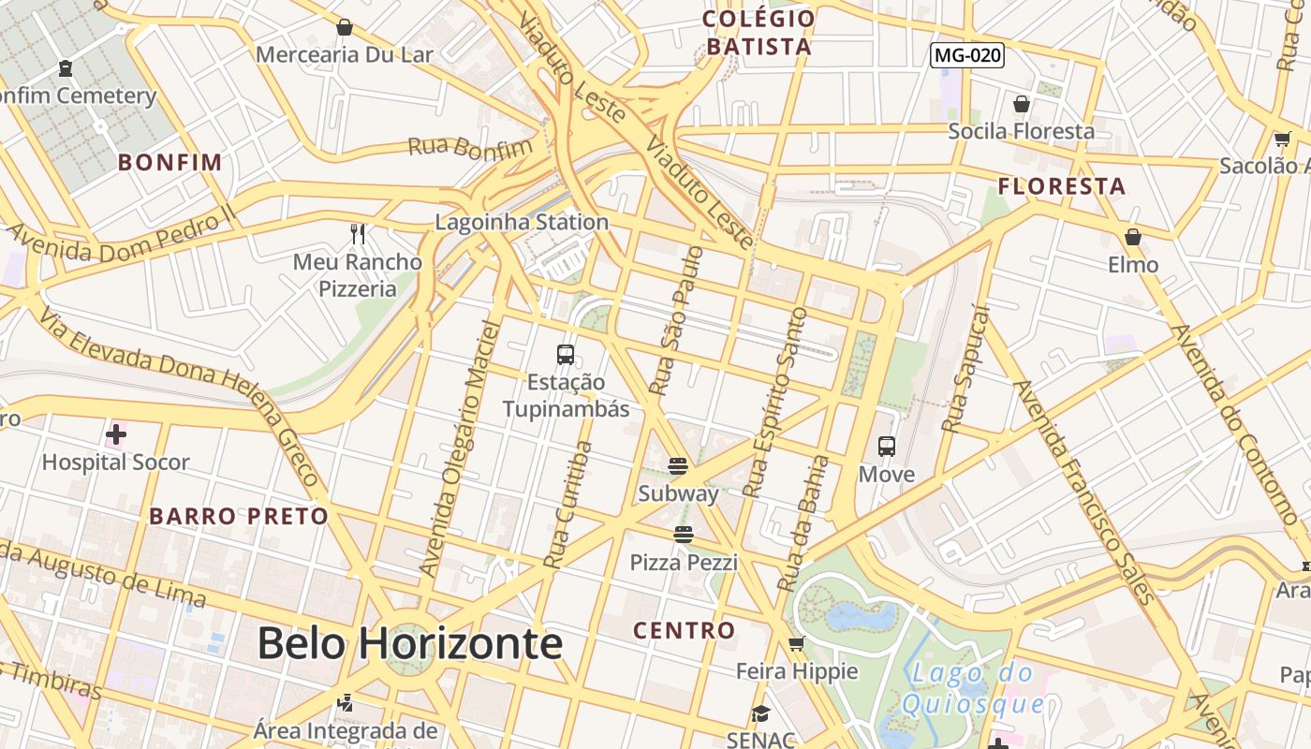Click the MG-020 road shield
(x=967, y=55)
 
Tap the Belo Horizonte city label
(x=409, y=643)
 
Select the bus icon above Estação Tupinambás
(x=565, y=355)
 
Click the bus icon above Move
(x=886, y=447)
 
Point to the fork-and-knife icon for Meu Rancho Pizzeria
(x=357, y=233)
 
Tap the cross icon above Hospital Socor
(x=116, y=434)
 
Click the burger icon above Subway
(x=678, y=465)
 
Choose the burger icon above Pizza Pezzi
(x=684, y=535)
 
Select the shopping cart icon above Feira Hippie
(x=796, y=643)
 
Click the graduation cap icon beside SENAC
(x=760, y=714)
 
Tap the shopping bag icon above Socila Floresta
(x=1021, y=103)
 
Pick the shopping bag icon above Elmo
(x=1133, y=237)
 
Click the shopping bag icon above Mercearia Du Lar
(x=344, y=27)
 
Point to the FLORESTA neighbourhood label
(x=1061, y=186)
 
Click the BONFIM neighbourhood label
(x=169, y=162)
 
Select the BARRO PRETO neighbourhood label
(x=239, y=516)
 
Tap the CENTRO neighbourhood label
(x=684, y=630)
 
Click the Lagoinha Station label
(x=522, y=222)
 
